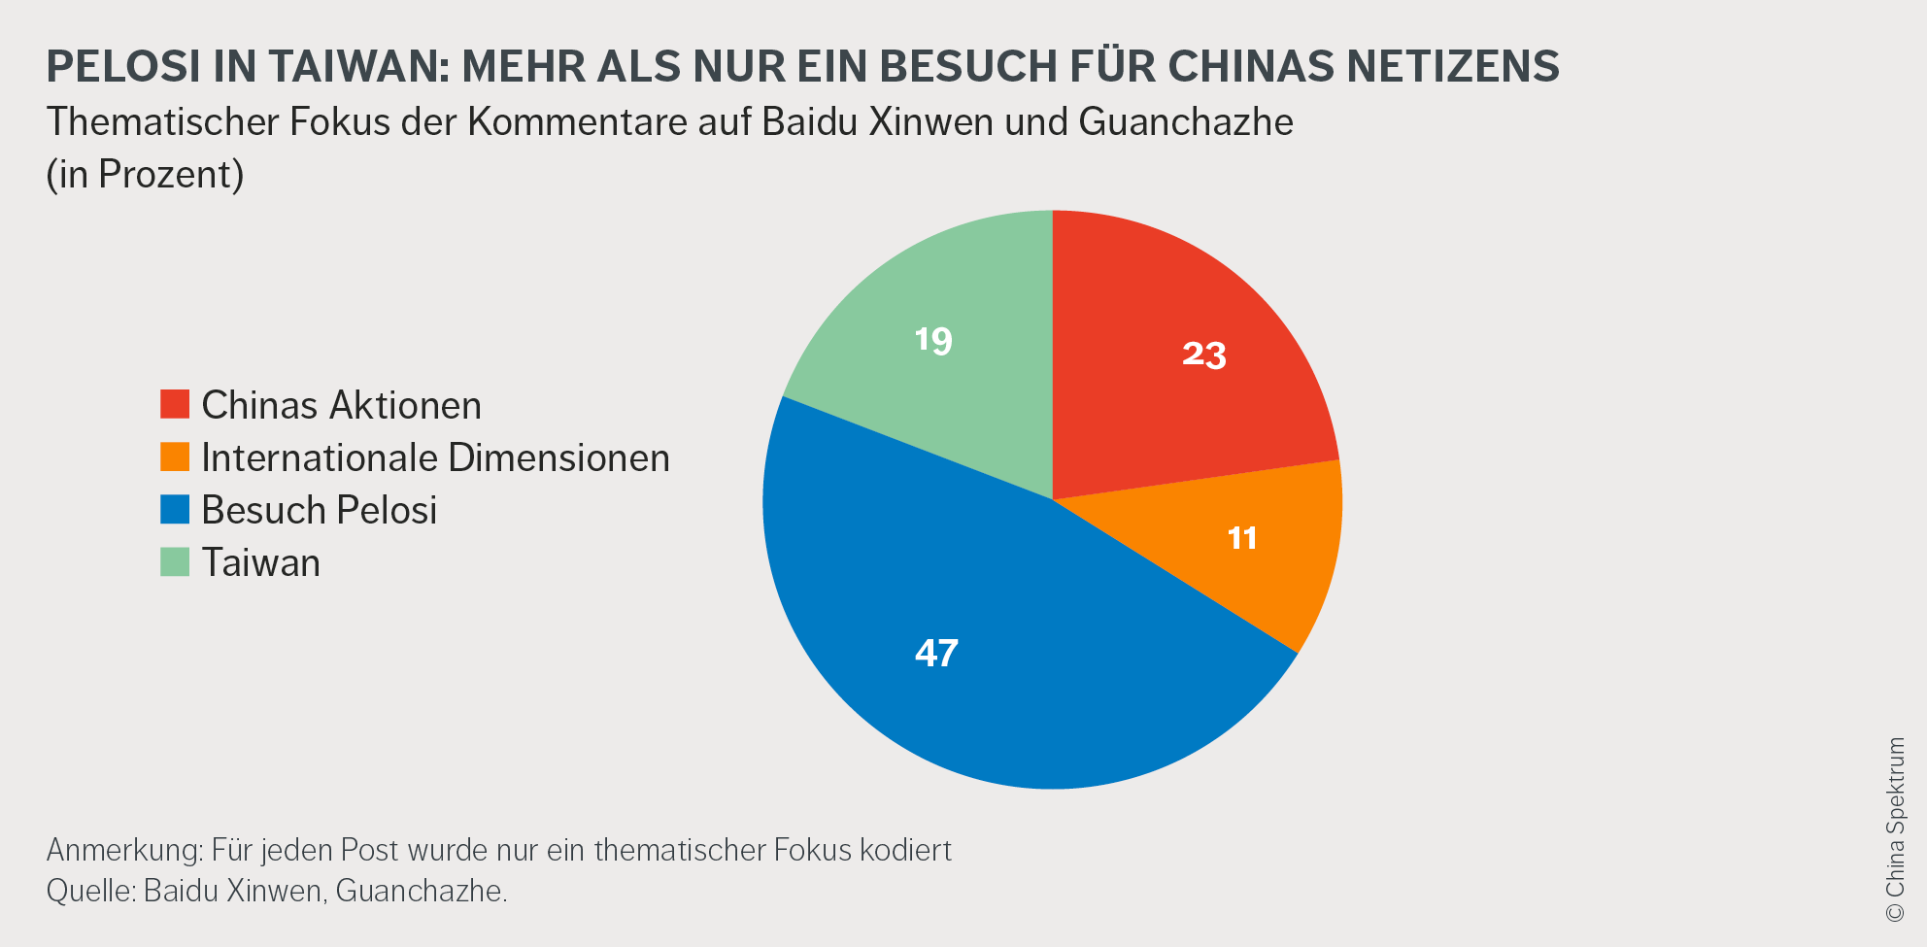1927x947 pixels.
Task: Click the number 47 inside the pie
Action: click(936, 653)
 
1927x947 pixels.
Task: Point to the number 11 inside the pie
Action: click(1242, 538)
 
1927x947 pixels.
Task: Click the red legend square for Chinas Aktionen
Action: click(175, 404)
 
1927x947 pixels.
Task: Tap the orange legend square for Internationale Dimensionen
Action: click(175, 457)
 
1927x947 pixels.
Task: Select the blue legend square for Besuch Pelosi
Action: click(175, 509)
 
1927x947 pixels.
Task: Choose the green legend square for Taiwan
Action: click(175, 561)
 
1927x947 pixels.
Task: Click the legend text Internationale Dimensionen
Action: click(435, 457)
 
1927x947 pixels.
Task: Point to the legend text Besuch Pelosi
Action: click(319, 510)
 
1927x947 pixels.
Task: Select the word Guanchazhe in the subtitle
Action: click(1185, 122)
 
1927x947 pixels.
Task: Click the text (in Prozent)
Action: click(145, 175)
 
